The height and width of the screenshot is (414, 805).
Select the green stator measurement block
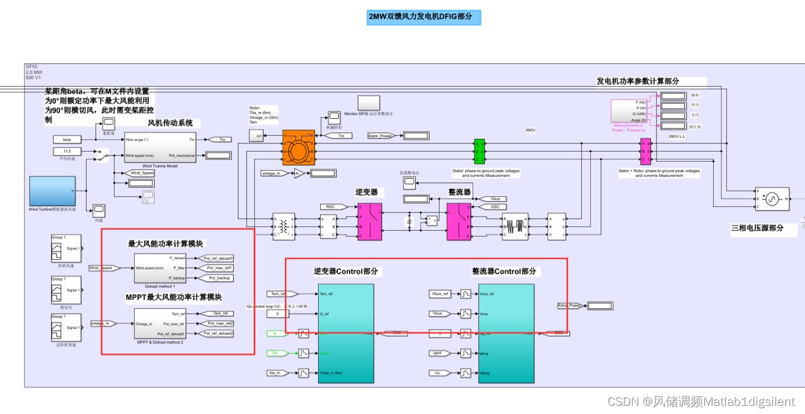click(479, 152)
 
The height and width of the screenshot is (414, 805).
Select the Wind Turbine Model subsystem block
click(160, 147)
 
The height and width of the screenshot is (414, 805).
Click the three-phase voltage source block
click(772, 199)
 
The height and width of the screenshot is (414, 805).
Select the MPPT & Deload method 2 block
click(160, 324)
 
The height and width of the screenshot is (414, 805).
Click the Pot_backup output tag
click(218, 277)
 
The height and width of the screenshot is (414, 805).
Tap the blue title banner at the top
click(424, 17)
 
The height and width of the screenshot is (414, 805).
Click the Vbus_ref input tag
click(440, 294)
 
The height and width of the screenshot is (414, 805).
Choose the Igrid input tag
click(440, 354)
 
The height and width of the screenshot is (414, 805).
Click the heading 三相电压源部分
click(757, 228)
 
